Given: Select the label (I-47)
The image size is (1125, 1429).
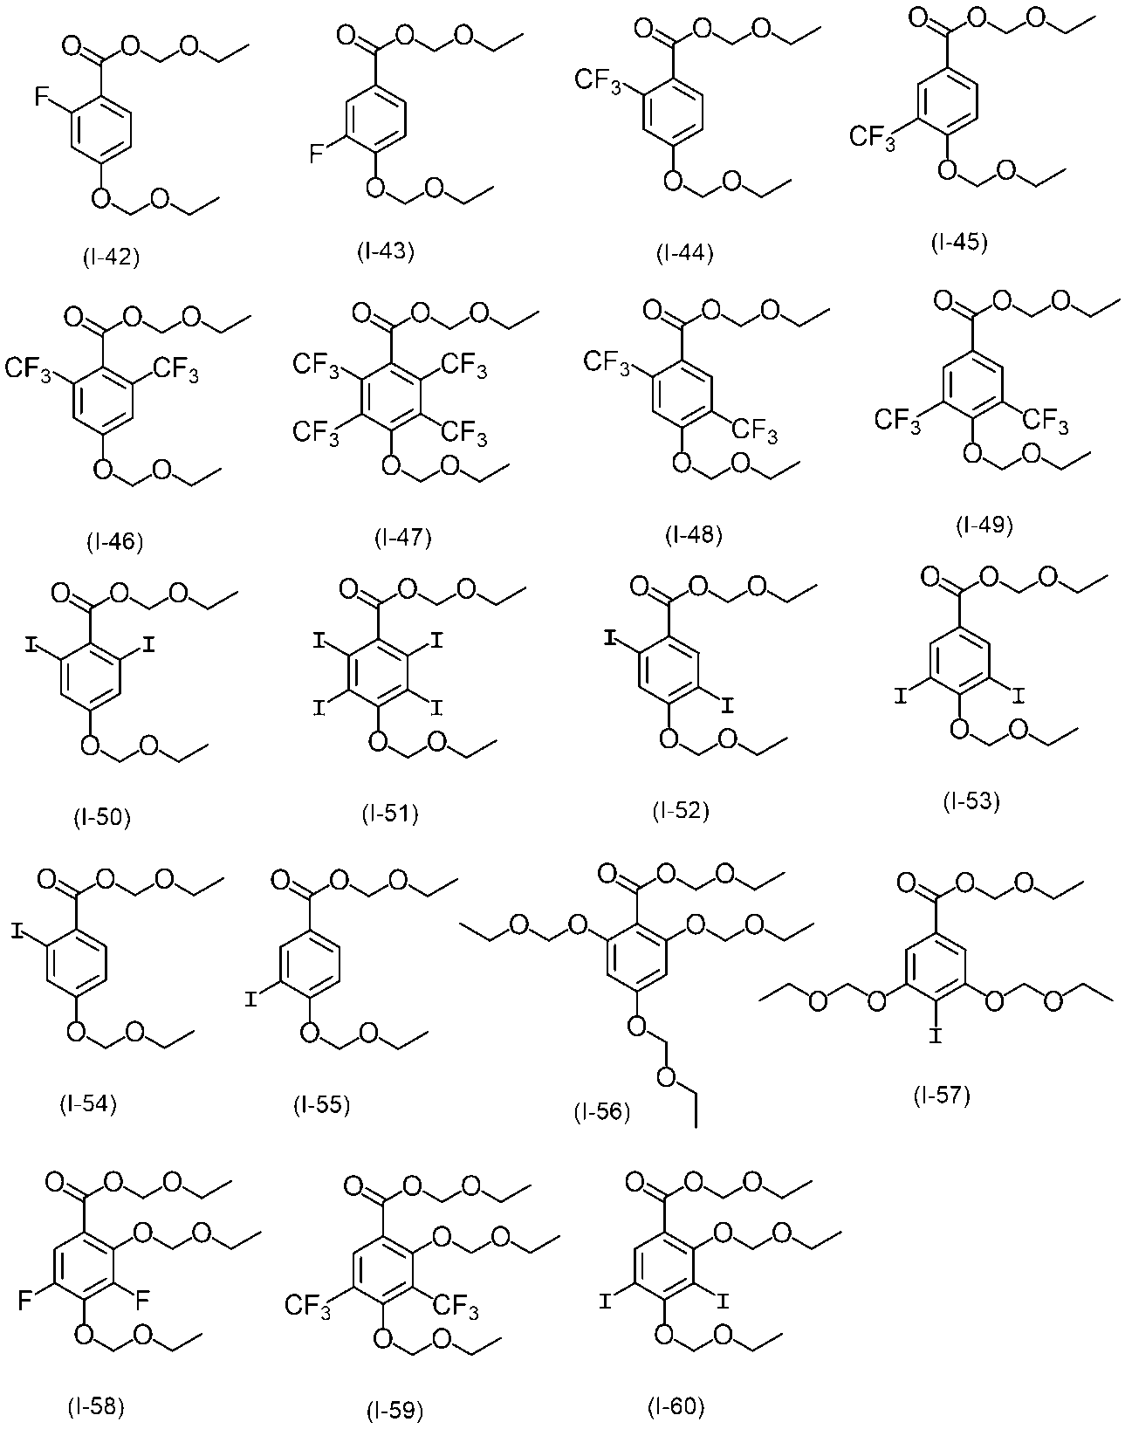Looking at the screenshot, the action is pos(403,536).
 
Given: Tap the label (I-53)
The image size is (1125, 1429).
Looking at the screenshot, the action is pos(971,800).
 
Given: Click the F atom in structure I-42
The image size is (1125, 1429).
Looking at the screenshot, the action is pos(41,98).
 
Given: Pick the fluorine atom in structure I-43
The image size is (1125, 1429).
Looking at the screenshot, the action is pos(317,154).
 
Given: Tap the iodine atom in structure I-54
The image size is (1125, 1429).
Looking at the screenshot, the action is pos(18,933).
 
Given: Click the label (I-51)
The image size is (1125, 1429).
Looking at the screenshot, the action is pos(391,814).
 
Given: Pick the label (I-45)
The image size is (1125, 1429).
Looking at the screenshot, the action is pos(958,242).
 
